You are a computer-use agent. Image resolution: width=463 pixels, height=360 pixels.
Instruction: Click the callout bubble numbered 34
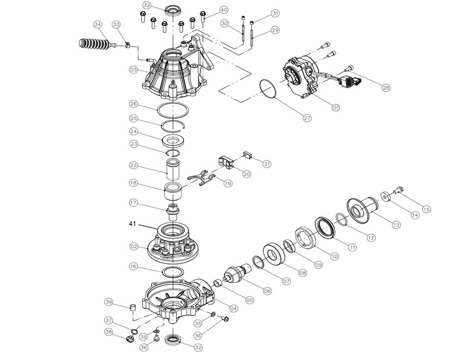pyautogui.click(x=97, y=25)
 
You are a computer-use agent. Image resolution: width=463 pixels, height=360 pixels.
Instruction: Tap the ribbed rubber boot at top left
pyautogui.click(x=90, y=45)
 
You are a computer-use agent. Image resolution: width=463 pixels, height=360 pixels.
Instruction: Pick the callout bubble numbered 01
pyautogui.click(x=335, y=107)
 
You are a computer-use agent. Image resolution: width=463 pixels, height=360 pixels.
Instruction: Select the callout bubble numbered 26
pyautogui.click(x=134, y=104)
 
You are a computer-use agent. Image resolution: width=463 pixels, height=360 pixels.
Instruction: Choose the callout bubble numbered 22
pyautogui.click(x=134, y=165)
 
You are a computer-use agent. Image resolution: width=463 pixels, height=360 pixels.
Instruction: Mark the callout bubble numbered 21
pyautogui.click(x=266, y=164)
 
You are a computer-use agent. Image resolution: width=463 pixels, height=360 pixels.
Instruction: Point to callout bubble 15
pyautogui.click(x=427, y=209)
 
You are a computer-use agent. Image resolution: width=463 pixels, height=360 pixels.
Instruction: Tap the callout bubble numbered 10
pyautogui.click(x=334, y=256)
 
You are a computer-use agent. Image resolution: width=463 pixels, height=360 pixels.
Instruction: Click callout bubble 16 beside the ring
pyautogui.click(x=134, y=267)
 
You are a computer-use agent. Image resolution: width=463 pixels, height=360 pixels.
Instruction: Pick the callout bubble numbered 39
pyautogui.click(x=108, y=302)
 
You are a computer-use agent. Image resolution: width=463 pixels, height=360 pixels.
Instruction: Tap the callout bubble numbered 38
pyautogui.click(x=108, y=332)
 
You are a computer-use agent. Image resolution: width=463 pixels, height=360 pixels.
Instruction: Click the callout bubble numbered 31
pyautogui.click(x=274, y=13)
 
